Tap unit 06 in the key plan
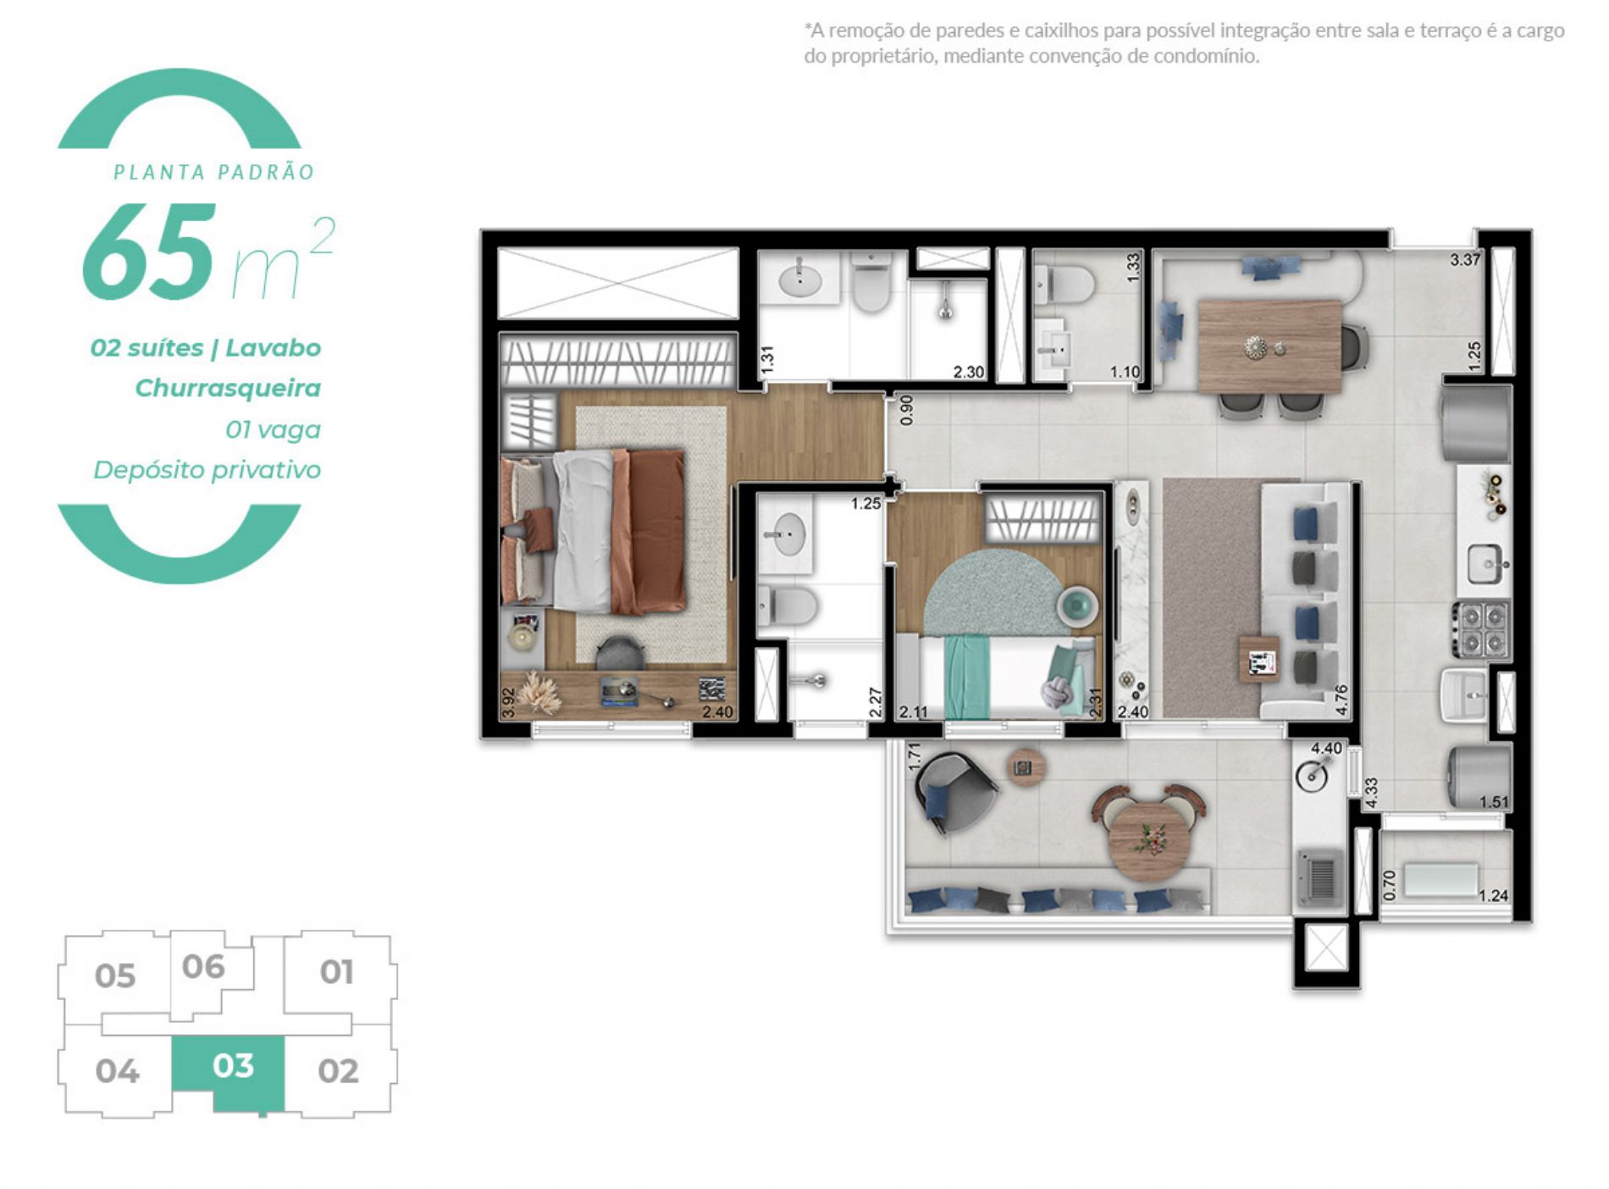pos(204,967)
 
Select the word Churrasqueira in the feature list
pos(228,388)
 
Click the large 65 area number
pos(149,252)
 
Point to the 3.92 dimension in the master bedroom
pos(508,702)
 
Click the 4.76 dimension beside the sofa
pos(1341,700)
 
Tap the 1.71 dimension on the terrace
pos(914,756)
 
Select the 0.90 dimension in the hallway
pos(907,410)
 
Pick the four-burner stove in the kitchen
pos(1481,629)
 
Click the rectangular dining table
pos(1269,346)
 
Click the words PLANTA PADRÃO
pos(214,172)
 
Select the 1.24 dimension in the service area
pos(1493,895)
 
